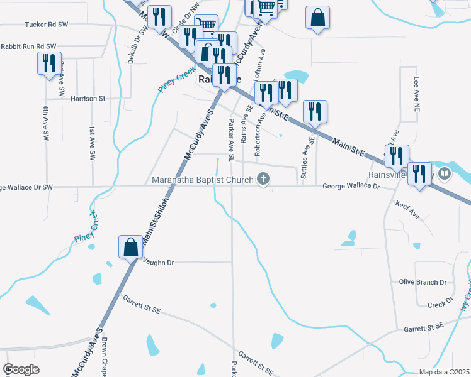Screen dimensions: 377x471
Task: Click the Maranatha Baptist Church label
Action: coord(202,180)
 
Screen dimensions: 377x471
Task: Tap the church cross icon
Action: coord(263,180)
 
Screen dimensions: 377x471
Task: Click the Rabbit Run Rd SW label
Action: coord(28,46)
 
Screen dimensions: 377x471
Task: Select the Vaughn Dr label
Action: coord(158,262)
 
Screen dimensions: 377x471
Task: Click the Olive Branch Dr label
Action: coord(423,282)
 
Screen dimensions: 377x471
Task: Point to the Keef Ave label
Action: coord(407,210)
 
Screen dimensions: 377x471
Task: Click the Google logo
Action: coord(21,369)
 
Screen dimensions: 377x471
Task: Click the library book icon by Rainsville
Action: coord(445,173)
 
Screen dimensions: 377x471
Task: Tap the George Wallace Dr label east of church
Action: coord(351,187)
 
